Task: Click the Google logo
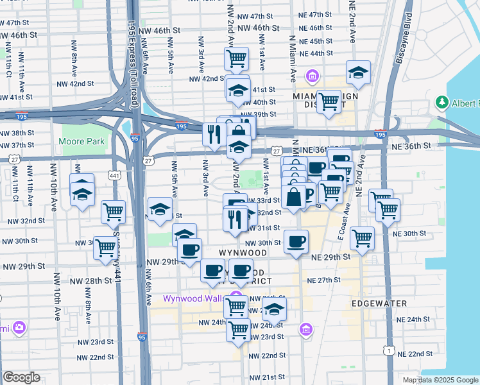tap(21, 377)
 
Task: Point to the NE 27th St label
tap(323, 280)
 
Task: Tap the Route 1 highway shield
tap(388, 350)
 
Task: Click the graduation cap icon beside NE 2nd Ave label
tap(358, 72)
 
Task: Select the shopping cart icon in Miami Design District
tap(329, 100)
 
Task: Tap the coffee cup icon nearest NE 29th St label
tap(295, 241)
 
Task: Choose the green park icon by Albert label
tap(441, 103)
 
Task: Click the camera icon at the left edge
tap(19, 329)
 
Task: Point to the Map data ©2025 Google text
tap(440, 380)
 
